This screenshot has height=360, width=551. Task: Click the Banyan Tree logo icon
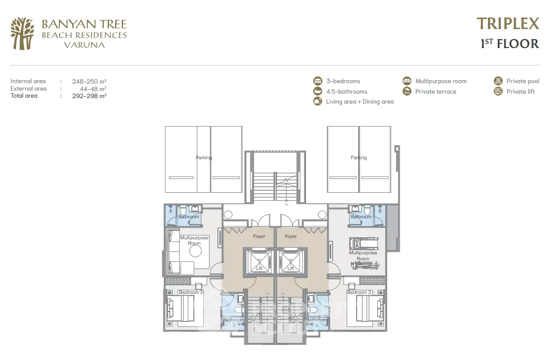(22, 34)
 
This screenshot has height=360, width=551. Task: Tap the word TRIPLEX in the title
(508, 24)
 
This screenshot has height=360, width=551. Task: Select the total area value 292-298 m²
(89, 96)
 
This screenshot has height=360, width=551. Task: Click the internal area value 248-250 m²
(89, 82)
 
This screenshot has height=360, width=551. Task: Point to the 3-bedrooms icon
(318, 81)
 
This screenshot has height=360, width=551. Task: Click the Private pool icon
(498, 81)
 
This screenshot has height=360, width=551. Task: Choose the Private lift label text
(520, 92)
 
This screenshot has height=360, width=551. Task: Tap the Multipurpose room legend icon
(407, 81)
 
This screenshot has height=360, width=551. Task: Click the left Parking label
(204, 158)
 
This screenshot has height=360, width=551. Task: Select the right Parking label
(359, 158)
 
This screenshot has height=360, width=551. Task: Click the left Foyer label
(259, 236)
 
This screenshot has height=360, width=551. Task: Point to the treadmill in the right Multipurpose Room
(364, 243)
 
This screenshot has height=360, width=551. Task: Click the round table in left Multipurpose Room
(195, 251)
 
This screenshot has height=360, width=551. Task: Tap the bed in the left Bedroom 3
(180, 308)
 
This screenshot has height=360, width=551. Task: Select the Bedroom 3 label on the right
(359, 292)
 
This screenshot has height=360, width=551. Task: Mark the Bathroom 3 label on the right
(316, 322)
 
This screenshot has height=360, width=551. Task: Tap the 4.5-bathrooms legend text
(347, 92)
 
